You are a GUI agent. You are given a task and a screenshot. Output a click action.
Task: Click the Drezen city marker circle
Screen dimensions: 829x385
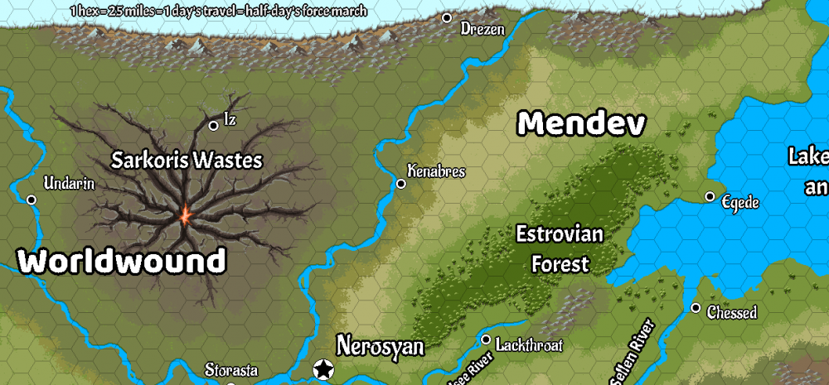[x=447, y=17]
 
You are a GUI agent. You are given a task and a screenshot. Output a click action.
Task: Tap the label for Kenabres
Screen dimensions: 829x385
[x=436, y=171]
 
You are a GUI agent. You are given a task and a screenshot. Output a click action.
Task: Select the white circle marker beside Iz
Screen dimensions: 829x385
[x=213, y=125]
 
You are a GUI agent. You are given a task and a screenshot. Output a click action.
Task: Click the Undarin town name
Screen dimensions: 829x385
[x=69, y=184]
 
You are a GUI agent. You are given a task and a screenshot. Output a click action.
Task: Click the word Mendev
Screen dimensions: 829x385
[x=581, y=124]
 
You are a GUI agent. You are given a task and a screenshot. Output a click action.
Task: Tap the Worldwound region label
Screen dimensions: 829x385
[x=122, y=262]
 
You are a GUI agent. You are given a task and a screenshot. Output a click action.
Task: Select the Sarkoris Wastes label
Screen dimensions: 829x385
[x=187, y=160]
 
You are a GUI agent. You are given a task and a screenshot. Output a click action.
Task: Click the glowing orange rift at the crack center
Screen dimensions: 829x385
[x=185, y=216]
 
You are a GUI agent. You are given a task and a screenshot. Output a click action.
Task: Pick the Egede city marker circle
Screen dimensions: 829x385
[x=710, y=196]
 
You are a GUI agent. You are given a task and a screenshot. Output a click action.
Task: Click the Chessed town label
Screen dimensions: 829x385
[x=732, y=313]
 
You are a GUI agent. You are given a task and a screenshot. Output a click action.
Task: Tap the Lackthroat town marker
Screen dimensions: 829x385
[x=486, y=339]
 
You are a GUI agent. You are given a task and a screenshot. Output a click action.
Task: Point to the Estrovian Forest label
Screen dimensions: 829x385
[x=560, y=249]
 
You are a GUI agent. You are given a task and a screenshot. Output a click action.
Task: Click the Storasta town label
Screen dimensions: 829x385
[x=231, y=370]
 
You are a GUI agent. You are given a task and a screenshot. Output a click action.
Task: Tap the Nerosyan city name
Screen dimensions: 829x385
[x=380, y=346]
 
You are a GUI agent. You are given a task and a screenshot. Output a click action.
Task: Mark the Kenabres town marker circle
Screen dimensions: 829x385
[x=401, y=184]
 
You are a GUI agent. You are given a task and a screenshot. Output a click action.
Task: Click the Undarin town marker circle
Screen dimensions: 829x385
[x=32, y=200]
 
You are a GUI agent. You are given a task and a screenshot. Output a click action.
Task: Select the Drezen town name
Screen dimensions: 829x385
[x=482, y=29]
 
